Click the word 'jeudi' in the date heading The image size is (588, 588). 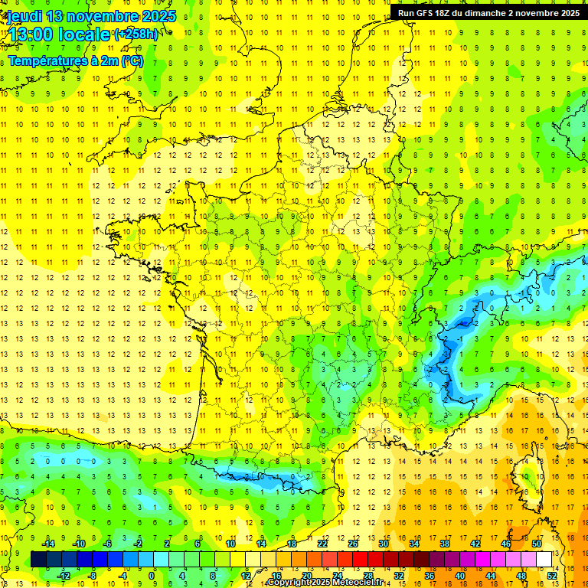point(24,15)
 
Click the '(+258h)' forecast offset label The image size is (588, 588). point(136,34)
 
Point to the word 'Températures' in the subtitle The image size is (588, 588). point(45,61)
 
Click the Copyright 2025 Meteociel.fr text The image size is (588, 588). point(325,583)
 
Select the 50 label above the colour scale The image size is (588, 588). point(537,544)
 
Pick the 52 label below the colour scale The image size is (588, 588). point(552,575)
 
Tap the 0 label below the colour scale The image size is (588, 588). point(153,575)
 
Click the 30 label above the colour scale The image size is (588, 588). point(384,544)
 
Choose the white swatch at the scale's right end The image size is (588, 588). point(544,560)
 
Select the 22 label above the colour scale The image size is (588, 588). point(322,544)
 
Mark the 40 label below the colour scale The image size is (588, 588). point(460,575)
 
